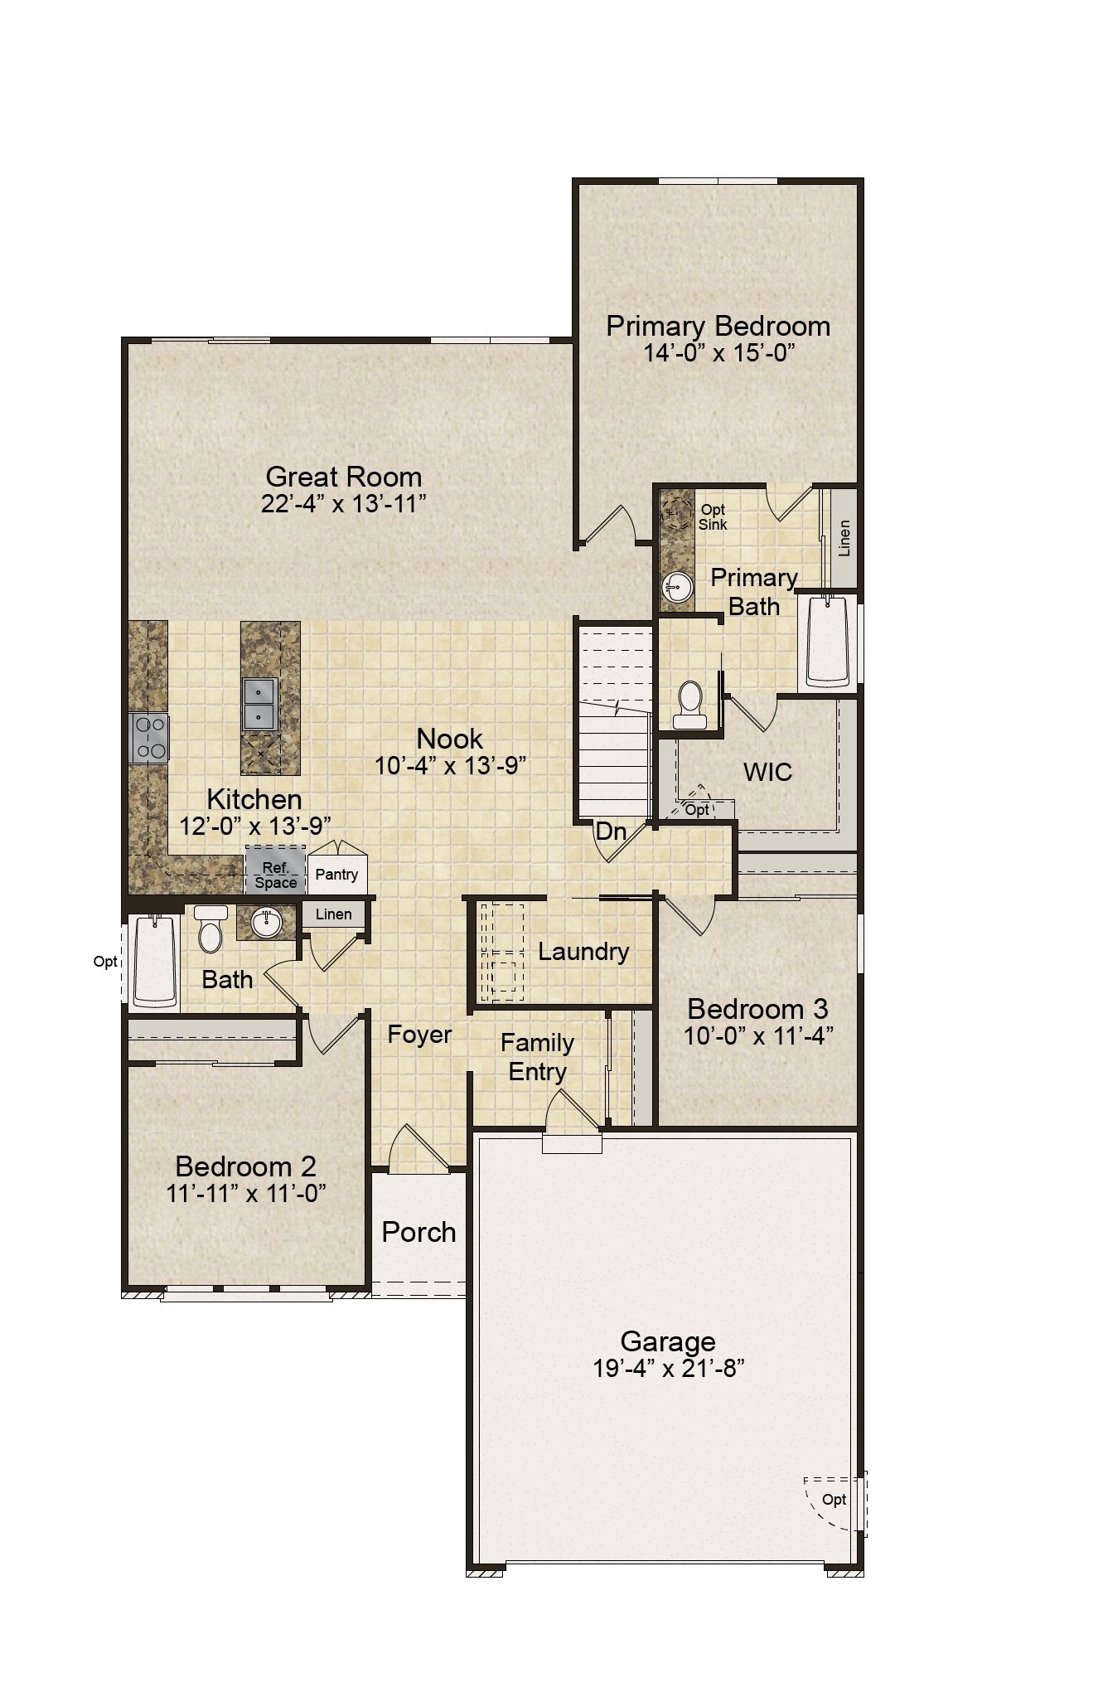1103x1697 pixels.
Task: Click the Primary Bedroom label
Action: (x=718, y=326)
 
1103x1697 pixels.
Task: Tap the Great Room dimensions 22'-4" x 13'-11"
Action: (x=343, y=503)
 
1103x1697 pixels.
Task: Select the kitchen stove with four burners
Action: (x=149, y=738)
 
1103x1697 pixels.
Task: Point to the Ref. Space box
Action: (x=275, y=870)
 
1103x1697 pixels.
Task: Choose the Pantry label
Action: (x=336, y=875)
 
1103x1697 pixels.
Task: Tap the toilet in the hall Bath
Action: (x=210, y=929)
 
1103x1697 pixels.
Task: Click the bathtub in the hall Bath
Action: (x=155, y=960)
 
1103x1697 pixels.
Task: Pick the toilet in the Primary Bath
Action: (x=689, y=704)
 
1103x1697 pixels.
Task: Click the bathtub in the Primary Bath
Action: (x=828, y=642)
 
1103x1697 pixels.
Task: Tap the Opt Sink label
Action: (x=713, y=516)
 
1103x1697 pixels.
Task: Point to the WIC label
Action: (x=767, y=772)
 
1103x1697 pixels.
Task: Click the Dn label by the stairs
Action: (x=611, y=831)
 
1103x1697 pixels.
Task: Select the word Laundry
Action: (x=583, y=952)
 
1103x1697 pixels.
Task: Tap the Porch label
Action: (x=418, y=1232)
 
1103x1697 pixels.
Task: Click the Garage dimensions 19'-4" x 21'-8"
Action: (x=668, y=1368)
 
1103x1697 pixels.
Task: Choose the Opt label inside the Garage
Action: (x=835, y=1500)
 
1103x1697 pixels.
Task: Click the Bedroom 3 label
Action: (x=757, y=1009)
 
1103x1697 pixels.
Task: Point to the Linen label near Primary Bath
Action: (x=844, y=538)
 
